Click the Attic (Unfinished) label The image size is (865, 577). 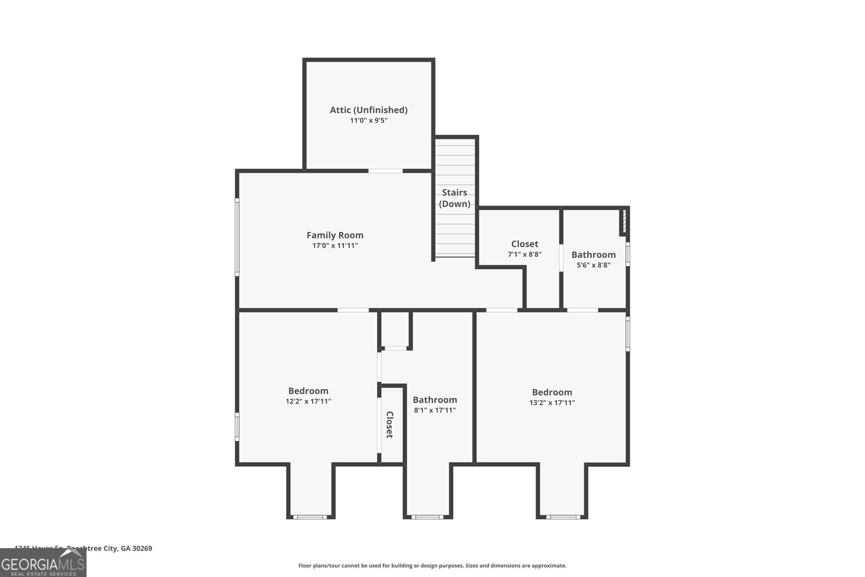(x=369, y=110)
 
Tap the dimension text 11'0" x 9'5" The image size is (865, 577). (x=369, y=121)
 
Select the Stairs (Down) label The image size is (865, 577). (x=455, y=198)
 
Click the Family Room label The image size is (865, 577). (x=335, y=235)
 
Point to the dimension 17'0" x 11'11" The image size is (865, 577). (x=335, y=246)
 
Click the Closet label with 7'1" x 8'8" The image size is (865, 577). (x=524, y=244)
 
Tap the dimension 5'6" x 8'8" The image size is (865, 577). (x=594, y=265)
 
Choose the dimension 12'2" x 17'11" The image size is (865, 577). (x=308, y=401)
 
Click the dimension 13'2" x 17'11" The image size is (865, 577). (x=552, y=402)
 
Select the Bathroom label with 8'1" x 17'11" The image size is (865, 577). (x=435, y=400)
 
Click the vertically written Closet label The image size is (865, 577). (x=389, y=425)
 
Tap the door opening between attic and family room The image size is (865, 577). (x=385, y=171)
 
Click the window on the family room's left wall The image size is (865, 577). (x=237, y=237)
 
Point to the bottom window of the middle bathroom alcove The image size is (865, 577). (x=427, y=517)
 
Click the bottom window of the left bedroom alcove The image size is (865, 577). (x=310, y=517)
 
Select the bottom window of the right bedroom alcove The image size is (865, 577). (x=563, y=517)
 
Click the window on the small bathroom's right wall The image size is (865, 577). (x=628, y=253)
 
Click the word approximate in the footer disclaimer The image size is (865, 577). (x=548, y=566)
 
